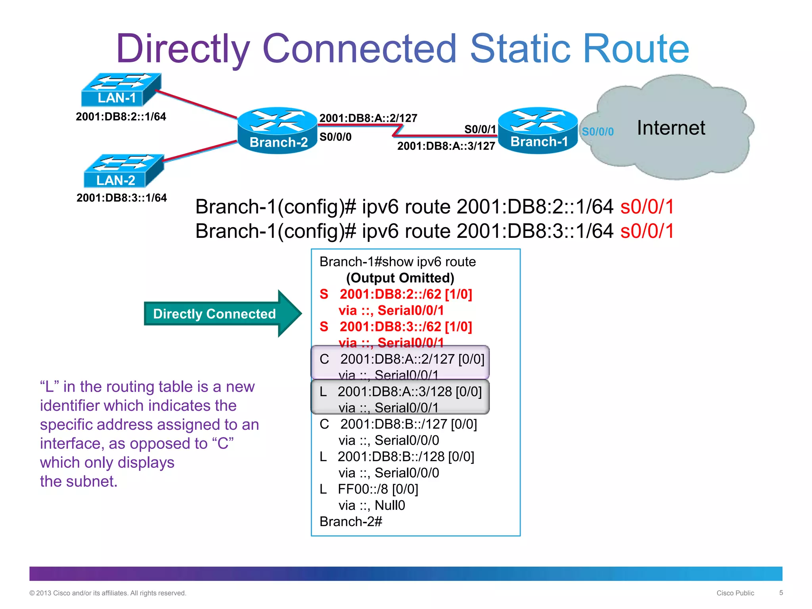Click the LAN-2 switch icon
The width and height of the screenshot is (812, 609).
coord(124,171)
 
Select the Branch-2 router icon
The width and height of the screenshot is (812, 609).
coord(278,130)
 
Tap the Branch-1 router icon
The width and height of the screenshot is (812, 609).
coord(538,130)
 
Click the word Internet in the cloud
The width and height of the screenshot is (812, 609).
coord(671,128)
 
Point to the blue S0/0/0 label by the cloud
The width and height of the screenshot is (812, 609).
coord(598,132)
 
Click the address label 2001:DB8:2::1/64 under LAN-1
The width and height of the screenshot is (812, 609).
coord(121,117)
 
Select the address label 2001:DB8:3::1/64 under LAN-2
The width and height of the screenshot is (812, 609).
coord(122,198)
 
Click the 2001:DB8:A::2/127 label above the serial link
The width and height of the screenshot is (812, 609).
coord(368,118)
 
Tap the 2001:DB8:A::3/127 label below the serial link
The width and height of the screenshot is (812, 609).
coord(446,146)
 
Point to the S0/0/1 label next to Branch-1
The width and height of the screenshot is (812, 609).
coord(480,129)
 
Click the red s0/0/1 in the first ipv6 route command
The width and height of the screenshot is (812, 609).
coord(647,207)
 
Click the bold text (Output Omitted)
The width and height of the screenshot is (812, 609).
coord(400,278)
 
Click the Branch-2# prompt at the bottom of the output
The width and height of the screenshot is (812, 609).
coord(351,522)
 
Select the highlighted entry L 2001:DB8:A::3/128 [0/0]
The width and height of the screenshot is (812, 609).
coord(400,392)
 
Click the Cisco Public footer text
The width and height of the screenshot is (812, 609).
coord(735,593)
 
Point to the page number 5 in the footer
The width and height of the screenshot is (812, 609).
coord(781,593)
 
